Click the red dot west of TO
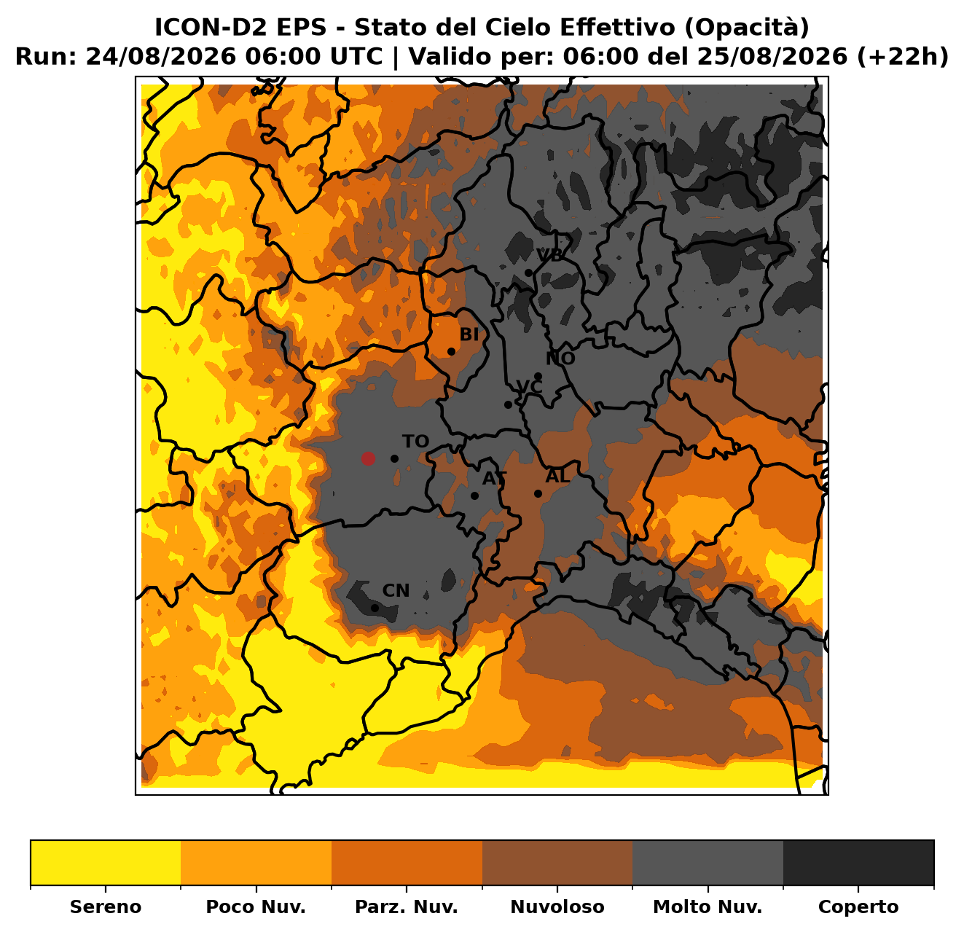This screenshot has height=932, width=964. (368, 458)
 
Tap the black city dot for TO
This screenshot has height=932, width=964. (394, 458)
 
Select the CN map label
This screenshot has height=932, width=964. (396, 591)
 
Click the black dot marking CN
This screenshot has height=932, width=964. (375, 608)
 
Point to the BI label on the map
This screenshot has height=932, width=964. (469, 335)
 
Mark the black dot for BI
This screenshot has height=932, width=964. (451, 352)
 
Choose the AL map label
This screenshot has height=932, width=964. (557, 476)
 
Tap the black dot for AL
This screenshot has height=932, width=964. (538, 493)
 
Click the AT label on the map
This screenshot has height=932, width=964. (494, 479)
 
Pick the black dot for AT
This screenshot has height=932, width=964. (474, 496)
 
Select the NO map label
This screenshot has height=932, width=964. (560, 359)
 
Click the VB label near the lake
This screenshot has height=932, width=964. (550, 255)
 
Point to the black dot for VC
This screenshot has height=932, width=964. (508, 405)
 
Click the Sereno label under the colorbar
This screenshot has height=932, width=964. (106, 906)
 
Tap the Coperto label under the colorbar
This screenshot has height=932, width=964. (858, 906)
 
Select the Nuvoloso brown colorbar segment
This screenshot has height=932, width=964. (557, 863)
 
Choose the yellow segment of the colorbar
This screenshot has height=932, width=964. (106, 863)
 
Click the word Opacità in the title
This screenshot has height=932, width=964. (747, 27)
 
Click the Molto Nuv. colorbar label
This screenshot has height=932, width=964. (708, 906)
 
